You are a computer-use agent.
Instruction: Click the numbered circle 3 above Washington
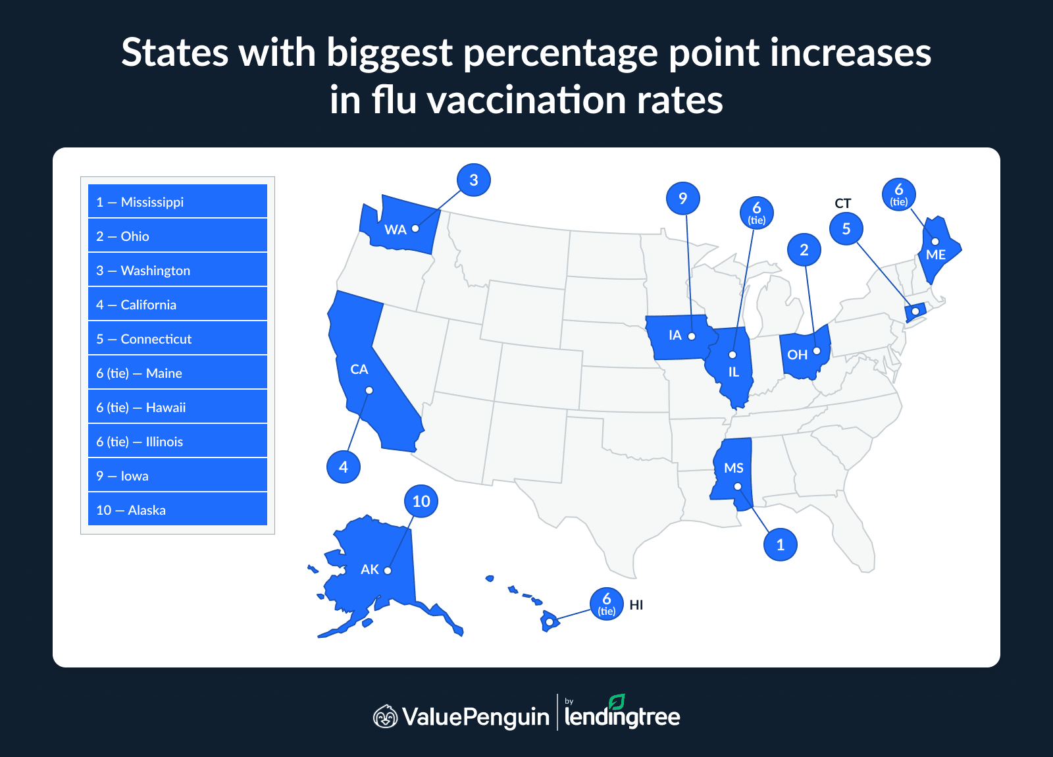pyautogui.click(x=474, y=180)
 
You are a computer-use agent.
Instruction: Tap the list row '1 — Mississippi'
pyautogui.click(x=178, y=201)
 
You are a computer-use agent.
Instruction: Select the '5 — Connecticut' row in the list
pyautogui.click(x=178, y=338)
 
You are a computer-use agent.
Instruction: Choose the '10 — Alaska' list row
pyautogui.click(x=178, y=509)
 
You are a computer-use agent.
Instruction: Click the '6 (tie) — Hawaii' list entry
pyautogui.click(x=178, y=407)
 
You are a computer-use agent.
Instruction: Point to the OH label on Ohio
pyautogui.click(x=797, y=355)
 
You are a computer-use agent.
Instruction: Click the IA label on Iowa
pyautogui.click(x=675, y=335)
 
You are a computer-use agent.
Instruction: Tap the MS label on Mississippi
pyautogui.click(x=733, y=468)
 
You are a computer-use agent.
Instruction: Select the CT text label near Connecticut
pyautogui.click(x=842, y=203)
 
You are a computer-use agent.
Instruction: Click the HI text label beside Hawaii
pyautogui.click(x=636, y=605)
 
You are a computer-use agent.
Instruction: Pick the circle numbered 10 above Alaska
pyautogui.click(x=421, y=501)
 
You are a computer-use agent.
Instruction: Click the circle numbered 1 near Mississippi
pyautogui.click(x=781, y=544)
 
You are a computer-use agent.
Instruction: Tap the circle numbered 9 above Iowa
pyautogui.click(x=682, y=198)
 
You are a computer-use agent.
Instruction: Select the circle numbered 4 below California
pyautogui.click(x=343, y=467)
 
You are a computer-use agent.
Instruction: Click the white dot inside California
pyautogui.click(x=369, y=390)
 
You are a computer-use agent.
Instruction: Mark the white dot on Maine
pyautogui.click(x=935, y=242)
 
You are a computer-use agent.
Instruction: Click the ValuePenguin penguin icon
pyautogui.click(x=386, y=716)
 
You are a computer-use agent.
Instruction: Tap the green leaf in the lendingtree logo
pyautogui.click(x=617, y=702)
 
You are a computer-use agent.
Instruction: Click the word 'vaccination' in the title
pyautogui.click(x=526, y=101)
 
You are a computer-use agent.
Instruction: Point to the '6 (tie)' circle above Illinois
pyautogui.click(x=757, y=213)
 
